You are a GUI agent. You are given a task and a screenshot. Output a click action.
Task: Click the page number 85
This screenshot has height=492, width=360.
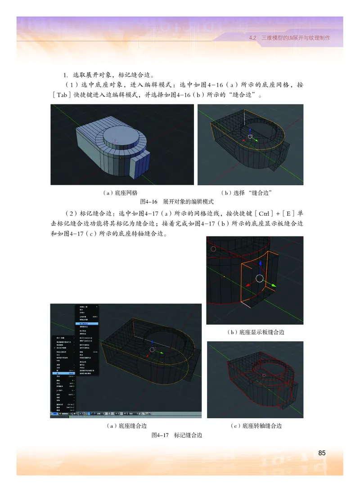[x=321, y=453]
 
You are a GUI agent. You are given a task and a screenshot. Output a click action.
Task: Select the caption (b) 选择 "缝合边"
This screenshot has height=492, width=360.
[x=252, y=192]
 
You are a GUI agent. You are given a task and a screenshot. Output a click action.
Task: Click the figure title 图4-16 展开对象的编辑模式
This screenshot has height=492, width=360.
[x=176, y=202]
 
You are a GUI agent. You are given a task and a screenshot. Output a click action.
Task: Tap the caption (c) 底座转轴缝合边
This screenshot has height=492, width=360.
[x=256, y=425]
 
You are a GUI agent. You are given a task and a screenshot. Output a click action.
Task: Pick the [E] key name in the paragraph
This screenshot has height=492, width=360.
[x=277, y=213]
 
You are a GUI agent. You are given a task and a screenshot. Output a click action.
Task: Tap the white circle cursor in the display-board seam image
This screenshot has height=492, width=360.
[x=259, y=278]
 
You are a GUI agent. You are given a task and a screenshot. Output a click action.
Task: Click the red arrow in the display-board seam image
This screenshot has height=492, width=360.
[x=247, y=286]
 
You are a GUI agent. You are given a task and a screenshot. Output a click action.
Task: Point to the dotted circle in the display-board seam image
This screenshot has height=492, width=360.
[x=213, y=248]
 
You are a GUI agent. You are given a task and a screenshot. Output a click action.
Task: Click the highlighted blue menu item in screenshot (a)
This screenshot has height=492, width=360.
[x=85, y=324]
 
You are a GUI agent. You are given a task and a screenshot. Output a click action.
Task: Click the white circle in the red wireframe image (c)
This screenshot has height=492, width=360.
[x=264, y=375]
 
